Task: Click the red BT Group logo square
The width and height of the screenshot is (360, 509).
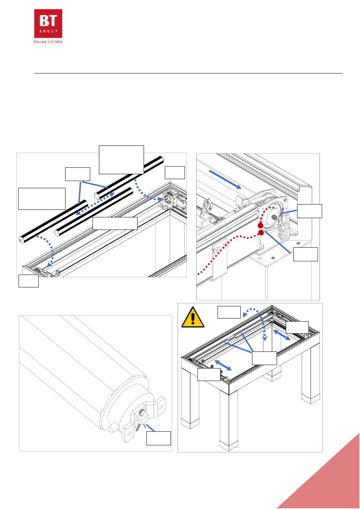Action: pos(48,23)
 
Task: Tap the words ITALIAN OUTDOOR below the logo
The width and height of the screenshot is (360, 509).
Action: pos(48,42)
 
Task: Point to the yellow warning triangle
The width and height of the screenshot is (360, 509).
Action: pos(193,317)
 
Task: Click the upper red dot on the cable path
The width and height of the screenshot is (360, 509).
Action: pos(260,226)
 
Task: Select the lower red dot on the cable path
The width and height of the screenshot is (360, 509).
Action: pos(261,233)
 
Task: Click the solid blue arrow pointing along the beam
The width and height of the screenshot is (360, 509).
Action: pos(225,180)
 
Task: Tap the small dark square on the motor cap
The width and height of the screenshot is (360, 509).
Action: pos(274,217)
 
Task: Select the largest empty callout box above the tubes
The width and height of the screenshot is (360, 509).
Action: pos(121,160)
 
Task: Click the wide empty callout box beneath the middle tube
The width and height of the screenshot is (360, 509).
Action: pos(115,223)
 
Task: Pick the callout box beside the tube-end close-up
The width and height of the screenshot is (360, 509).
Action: pos(158,438)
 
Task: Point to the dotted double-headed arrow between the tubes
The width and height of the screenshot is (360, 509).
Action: pos(95,203)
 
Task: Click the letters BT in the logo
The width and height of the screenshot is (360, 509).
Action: pos(48,20)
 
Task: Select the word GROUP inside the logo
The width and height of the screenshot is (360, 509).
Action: pos(49,31)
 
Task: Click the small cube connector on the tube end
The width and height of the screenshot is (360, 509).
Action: pos(142,418)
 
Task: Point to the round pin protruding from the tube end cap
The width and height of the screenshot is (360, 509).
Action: pos(113,428)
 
